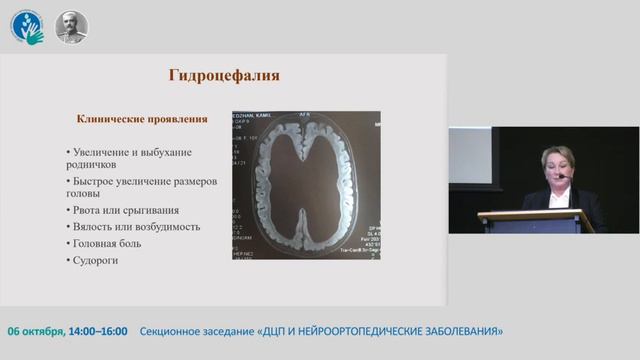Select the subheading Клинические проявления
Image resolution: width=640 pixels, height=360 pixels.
(142, 118)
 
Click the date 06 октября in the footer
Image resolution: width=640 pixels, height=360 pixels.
(37, 330)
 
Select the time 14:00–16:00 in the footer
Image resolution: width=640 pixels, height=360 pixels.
(99, 330)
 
